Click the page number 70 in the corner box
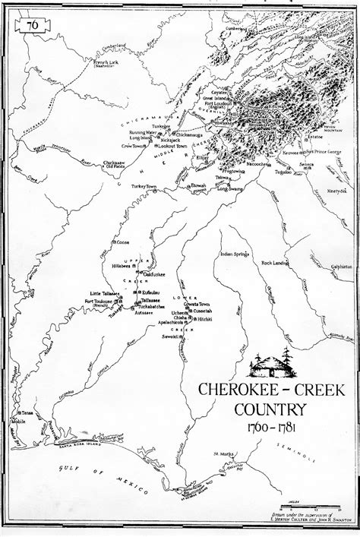(x=32, y=25)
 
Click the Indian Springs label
(x=235, y=254)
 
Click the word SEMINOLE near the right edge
(x=329, y=453)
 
